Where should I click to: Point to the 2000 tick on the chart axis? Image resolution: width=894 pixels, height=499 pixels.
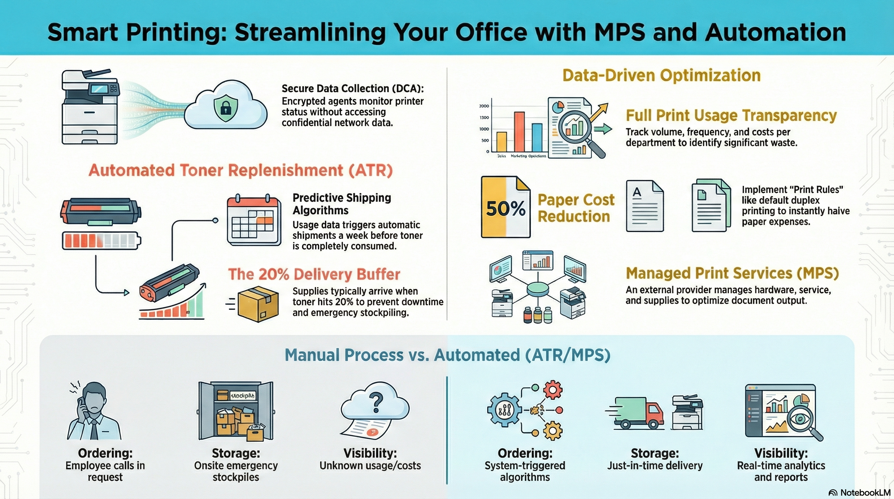484,106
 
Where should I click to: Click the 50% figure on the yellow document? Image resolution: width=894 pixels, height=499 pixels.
506,209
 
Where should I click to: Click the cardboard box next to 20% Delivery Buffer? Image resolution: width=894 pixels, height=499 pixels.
258,304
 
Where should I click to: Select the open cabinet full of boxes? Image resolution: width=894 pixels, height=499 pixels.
236,411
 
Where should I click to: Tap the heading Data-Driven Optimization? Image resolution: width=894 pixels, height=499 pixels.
661,75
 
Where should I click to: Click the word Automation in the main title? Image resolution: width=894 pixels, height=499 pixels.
776,32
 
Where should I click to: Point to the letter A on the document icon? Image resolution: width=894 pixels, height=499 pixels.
637,192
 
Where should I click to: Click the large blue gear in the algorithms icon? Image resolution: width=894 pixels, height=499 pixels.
504,410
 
